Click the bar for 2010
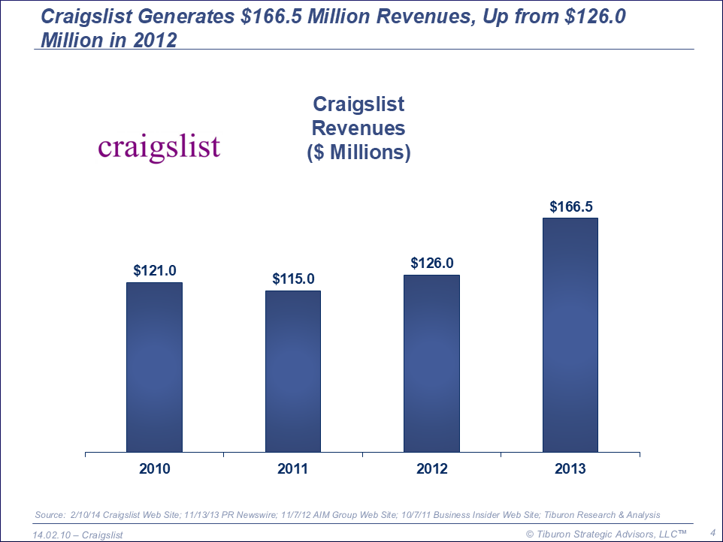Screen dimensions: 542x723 pos(154,368)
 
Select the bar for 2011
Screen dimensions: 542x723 pos(293,372)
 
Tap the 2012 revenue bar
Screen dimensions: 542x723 pos(431,364)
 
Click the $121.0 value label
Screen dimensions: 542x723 pos(154,270)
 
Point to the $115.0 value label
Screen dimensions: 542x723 pos(293,279)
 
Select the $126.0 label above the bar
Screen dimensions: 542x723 pos(431,263)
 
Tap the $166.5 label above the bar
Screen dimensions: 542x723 pos(570,206)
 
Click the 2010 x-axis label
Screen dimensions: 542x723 pos(154,469)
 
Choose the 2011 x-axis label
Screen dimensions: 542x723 pos(293,469)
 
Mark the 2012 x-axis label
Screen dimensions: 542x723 pos(431,469)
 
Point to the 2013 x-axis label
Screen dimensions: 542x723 pos(570,469)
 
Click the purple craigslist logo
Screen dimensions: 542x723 pos(159,147)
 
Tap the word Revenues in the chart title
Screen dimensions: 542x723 pos(358,128)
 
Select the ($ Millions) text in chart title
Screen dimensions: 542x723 pos(358,152)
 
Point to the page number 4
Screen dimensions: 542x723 pos(712,532)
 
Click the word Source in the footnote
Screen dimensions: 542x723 pos(50,515)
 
